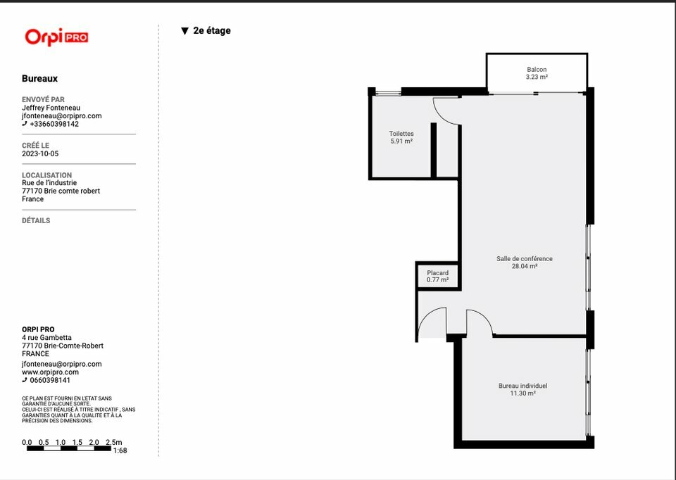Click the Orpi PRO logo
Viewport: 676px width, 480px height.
click(56, 37)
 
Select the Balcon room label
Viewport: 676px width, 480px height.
click(537, 70)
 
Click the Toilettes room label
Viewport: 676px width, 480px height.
click(401, 134)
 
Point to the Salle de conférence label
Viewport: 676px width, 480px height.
click(524, 258)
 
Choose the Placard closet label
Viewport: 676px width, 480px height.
click(437, 273)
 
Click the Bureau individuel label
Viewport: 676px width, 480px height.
click(523, 386)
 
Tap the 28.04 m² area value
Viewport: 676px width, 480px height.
click(524, 266)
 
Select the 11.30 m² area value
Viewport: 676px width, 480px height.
click(523, 393)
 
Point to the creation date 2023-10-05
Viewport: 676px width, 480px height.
click(40, 154)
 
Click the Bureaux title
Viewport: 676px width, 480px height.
click(39, 78)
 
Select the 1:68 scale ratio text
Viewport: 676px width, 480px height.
click(120, 450)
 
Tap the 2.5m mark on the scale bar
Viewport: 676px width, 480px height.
click(114, 443)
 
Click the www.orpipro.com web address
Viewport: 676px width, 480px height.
click(51, 372)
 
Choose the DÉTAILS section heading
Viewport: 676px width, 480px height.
click(36, 220)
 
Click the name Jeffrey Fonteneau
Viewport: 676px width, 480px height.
click(51, 108)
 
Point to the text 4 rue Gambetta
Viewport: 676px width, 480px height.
click(46, 338)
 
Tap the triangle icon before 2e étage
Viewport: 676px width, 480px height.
click(185, 31)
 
